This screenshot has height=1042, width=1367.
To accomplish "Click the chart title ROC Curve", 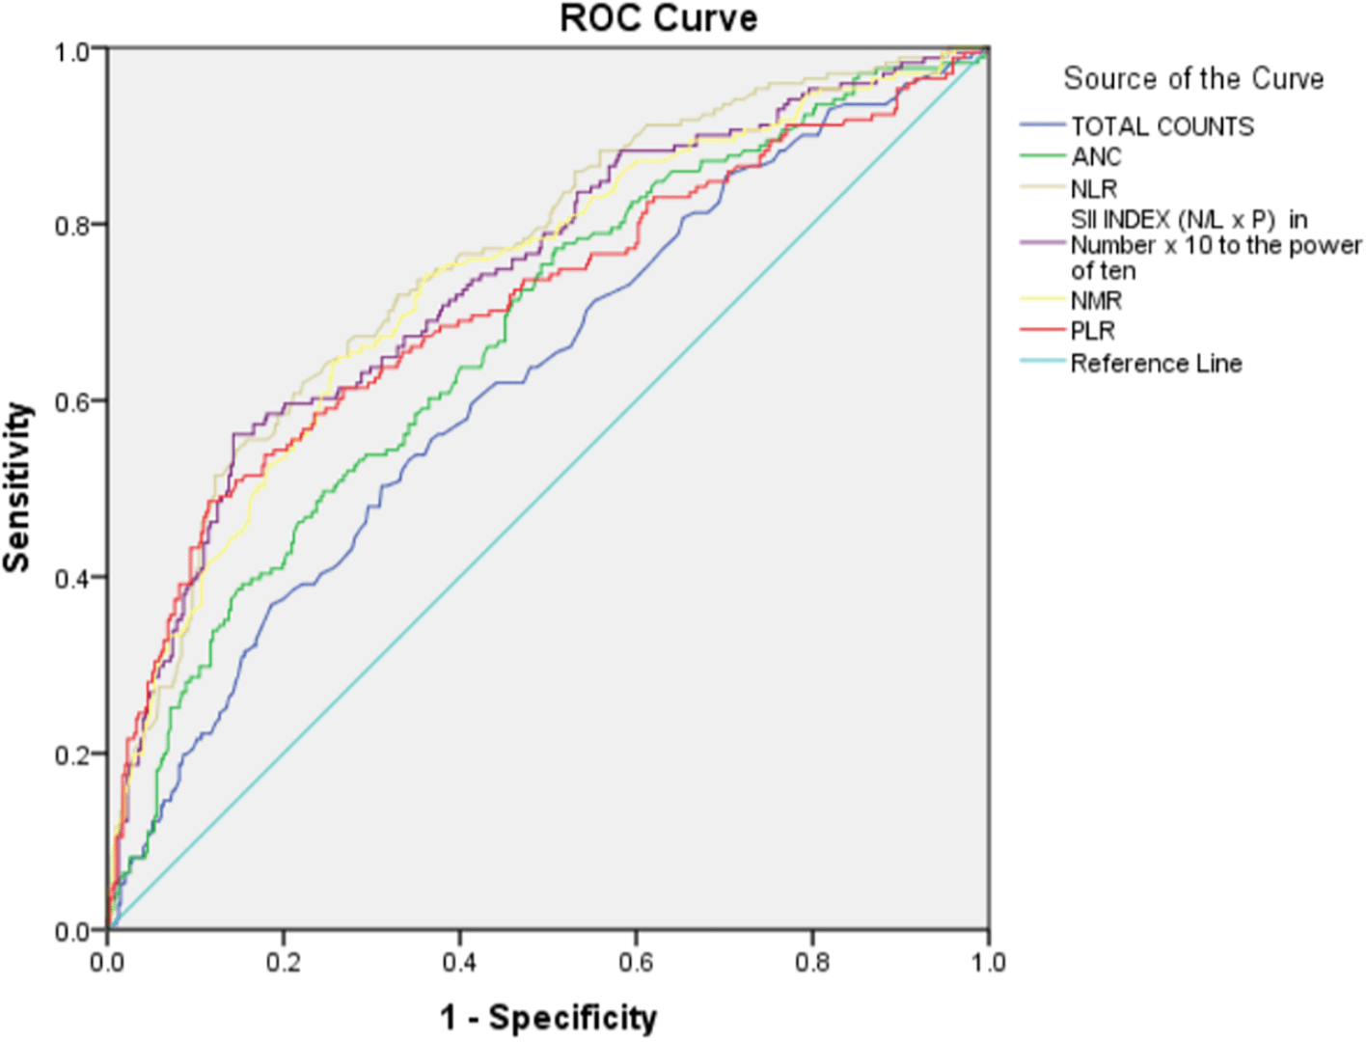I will pos(659,18).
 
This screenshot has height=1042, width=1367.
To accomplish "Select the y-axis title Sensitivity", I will pos(17,488).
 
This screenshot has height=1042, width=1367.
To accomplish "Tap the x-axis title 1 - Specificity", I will pos(548,1017).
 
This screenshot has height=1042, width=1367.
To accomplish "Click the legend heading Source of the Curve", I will pos(1193,78).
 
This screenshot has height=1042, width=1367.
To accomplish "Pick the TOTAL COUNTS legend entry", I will pos(1162,126).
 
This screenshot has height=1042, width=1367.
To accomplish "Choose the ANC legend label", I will pos(1096,156).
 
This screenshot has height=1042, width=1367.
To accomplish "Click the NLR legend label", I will pos(1094,188).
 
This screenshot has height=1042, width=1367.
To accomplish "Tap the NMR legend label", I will pos(1096,301).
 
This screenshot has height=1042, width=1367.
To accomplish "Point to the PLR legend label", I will pos(1093,331).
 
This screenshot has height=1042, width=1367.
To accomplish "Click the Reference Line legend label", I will pos(1156,363).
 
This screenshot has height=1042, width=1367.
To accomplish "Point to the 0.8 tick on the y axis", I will pos(73,226).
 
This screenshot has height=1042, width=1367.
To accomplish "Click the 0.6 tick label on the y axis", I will pos(73,401).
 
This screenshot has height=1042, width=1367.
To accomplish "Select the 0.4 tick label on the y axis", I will pos(73,578).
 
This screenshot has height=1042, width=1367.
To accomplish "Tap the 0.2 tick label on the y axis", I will pos(73,754).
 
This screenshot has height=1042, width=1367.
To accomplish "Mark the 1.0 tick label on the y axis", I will pos(73,50).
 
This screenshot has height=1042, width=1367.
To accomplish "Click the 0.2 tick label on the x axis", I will pos(284,963).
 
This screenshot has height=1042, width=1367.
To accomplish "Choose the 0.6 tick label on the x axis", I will pos(636,963).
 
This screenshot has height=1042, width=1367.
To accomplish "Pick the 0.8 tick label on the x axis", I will pos(812,963).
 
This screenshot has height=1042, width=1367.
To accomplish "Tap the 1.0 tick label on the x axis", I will pos(988,963).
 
